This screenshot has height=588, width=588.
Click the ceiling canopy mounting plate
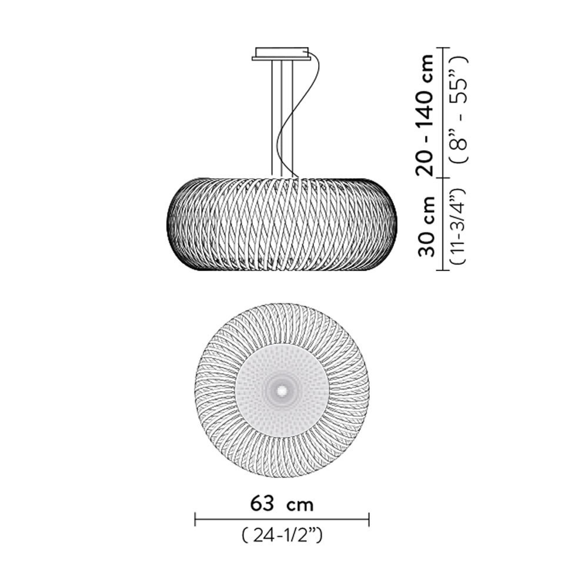click(x=281, y=54)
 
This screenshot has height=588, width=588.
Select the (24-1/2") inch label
click(x=282, y=536)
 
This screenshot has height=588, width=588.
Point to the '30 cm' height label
click(x=426, y=226)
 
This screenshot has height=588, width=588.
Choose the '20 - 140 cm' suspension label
click(x=425, y=115)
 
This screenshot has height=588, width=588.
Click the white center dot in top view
click(x=282, y=390)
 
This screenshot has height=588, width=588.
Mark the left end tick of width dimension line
click(x=195, y=519)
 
